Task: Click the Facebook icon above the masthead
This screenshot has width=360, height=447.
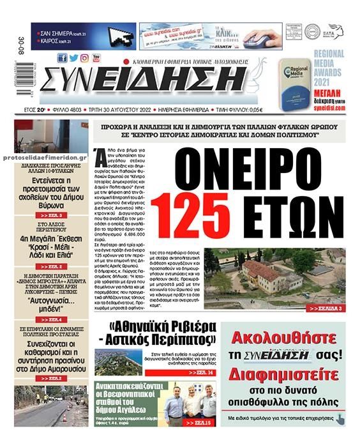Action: click(62, 58)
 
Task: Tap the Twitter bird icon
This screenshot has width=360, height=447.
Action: click(73, 58)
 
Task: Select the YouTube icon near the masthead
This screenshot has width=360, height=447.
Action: click(96, 58)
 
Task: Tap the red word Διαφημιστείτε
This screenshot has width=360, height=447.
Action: click(283, 371)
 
